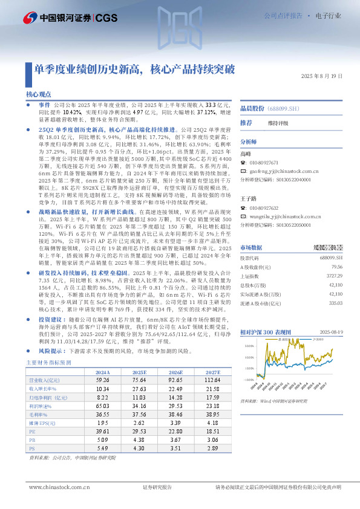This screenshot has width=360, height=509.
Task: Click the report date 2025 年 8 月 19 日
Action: coord(321,76)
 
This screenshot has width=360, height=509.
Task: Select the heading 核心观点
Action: coord(38,96)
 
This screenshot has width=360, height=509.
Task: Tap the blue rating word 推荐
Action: coord(246,123)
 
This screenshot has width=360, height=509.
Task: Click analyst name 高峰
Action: coord(246,154)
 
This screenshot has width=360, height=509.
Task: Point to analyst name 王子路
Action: coord(248,198)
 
